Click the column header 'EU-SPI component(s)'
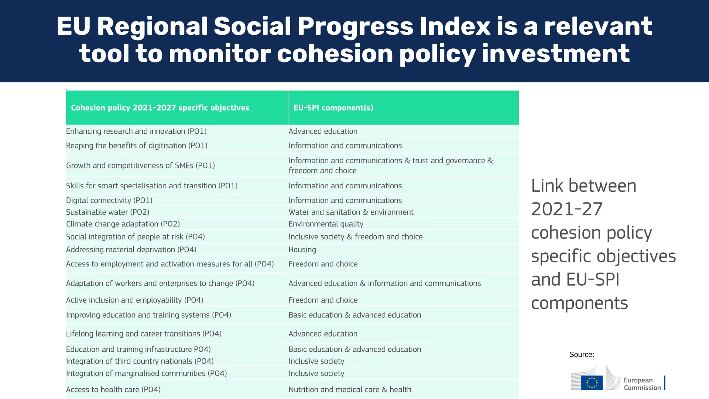[x=333, y=108]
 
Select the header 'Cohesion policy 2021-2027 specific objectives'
[x=160, y=108]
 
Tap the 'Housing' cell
[x=302, y=250]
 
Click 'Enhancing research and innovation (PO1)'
[x=136, y=132]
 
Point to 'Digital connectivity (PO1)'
[x=109, y=201]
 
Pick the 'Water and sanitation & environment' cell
[x=351, y=212]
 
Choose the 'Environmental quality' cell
[x=326, y=224]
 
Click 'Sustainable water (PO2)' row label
[x=108, y=212]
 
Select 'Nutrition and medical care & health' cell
[x=350, y=389]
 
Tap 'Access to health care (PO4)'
[x=113, y=390]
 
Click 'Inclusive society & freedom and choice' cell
[x=356, y=237]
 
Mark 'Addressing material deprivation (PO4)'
[x=131, y=250]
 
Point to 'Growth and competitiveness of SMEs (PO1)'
[x=140, y=166]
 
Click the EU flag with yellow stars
[x=592, y=383]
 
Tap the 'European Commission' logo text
[x=642, y=384]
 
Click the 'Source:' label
[x=582, y=355]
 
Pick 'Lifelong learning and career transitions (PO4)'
[x=144, y=334]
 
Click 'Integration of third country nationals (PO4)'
[x=140, y=361]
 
